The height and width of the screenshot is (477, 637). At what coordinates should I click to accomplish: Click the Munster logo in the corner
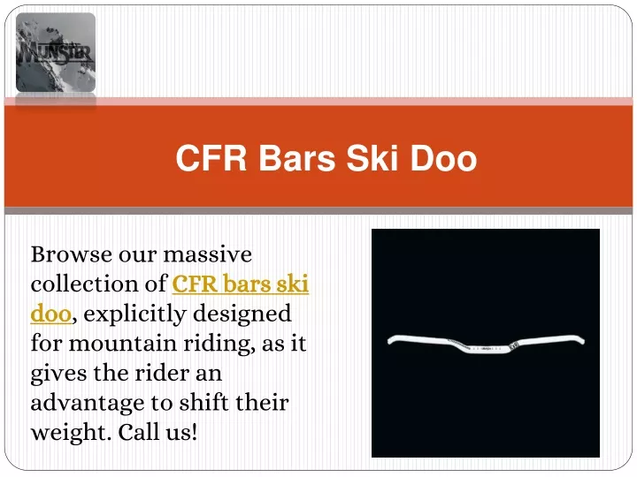tap(56, 52)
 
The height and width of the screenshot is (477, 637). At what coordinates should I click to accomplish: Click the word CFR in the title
tap(211, 158)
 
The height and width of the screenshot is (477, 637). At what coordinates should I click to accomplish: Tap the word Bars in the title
tap(297, 158)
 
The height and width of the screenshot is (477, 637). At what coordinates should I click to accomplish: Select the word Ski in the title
tap(372, 158)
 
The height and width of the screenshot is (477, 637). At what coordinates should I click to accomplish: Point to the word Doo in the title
tap(443, 158)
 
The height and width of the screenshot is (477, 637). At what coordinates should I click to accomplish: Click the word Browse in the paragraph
tap(72, 254)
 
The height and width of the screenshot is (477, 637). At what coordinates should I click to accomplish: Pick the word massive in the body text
tap(208, 254)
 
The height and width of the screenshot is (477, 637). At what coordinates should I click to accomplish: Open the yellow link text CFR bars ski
tap(241, 284)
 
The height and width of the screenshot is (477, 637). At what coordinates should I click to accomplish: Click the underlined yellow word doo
tap(51, 314)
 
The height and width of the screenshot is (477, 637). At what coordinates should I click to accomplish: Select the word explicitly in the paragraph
tap(134, 314)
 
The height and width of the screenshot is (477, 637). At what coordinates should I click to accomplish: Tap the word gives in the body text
tap(59, 374)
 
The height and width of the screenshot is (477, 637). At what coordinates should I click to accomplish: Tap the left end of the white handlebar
tap(390, 341)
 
